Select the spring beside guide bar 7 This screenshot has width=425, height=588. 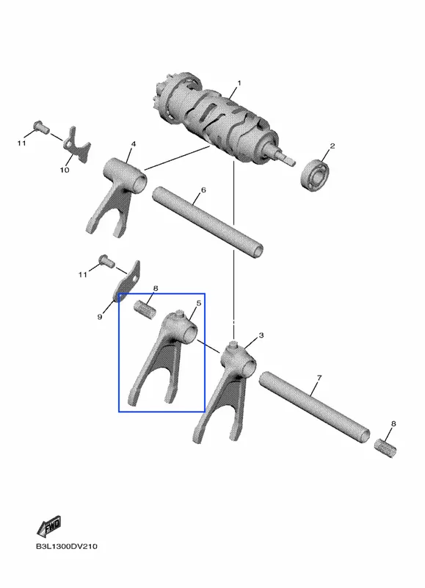point(385,448)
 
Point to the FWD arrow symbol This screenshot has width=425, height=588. point(48,526)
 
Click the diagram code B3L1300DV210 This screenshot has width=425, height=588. point(67,546)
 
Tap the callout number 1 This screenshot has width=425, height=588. point(239,83)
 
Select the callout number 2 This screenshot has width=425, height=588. point(332,146)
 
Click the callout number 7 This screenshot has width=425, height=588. point(319,378)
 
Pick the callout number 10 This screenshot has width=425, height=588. point(65,170)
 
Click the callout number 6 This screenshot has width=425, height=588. point(203,190)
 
